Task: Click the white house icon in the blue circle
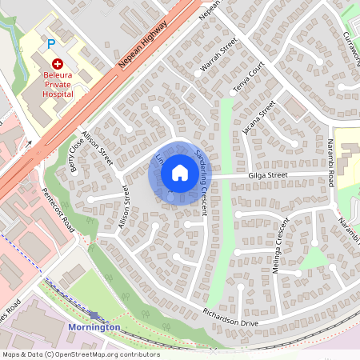[179, 172]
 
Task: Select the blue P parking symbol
[52, 44]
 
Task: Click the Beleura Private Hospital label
[58, 83]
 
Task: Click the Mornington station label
[94, 327]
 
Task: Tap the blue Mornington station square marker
[94, 316]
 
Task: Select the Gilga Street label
[267, 174]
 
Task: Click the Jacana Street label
[262, 117]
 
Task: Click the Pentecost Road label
[58, 210]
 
